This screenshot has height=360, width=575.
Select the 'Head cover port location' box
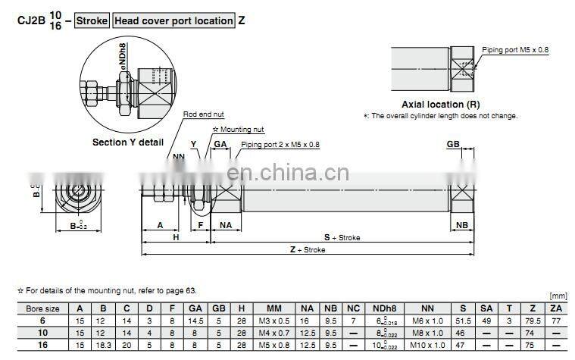173,20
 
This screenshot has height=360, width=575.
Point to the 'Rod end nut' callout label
203,114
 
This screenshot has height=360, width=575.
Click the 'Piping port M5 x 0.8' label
514,50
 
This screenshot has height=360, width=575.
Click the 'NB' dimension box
461,224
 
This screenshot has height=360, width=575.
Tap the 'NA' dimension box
226,224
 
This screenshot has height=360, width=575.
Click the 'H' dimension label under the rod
175,237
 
